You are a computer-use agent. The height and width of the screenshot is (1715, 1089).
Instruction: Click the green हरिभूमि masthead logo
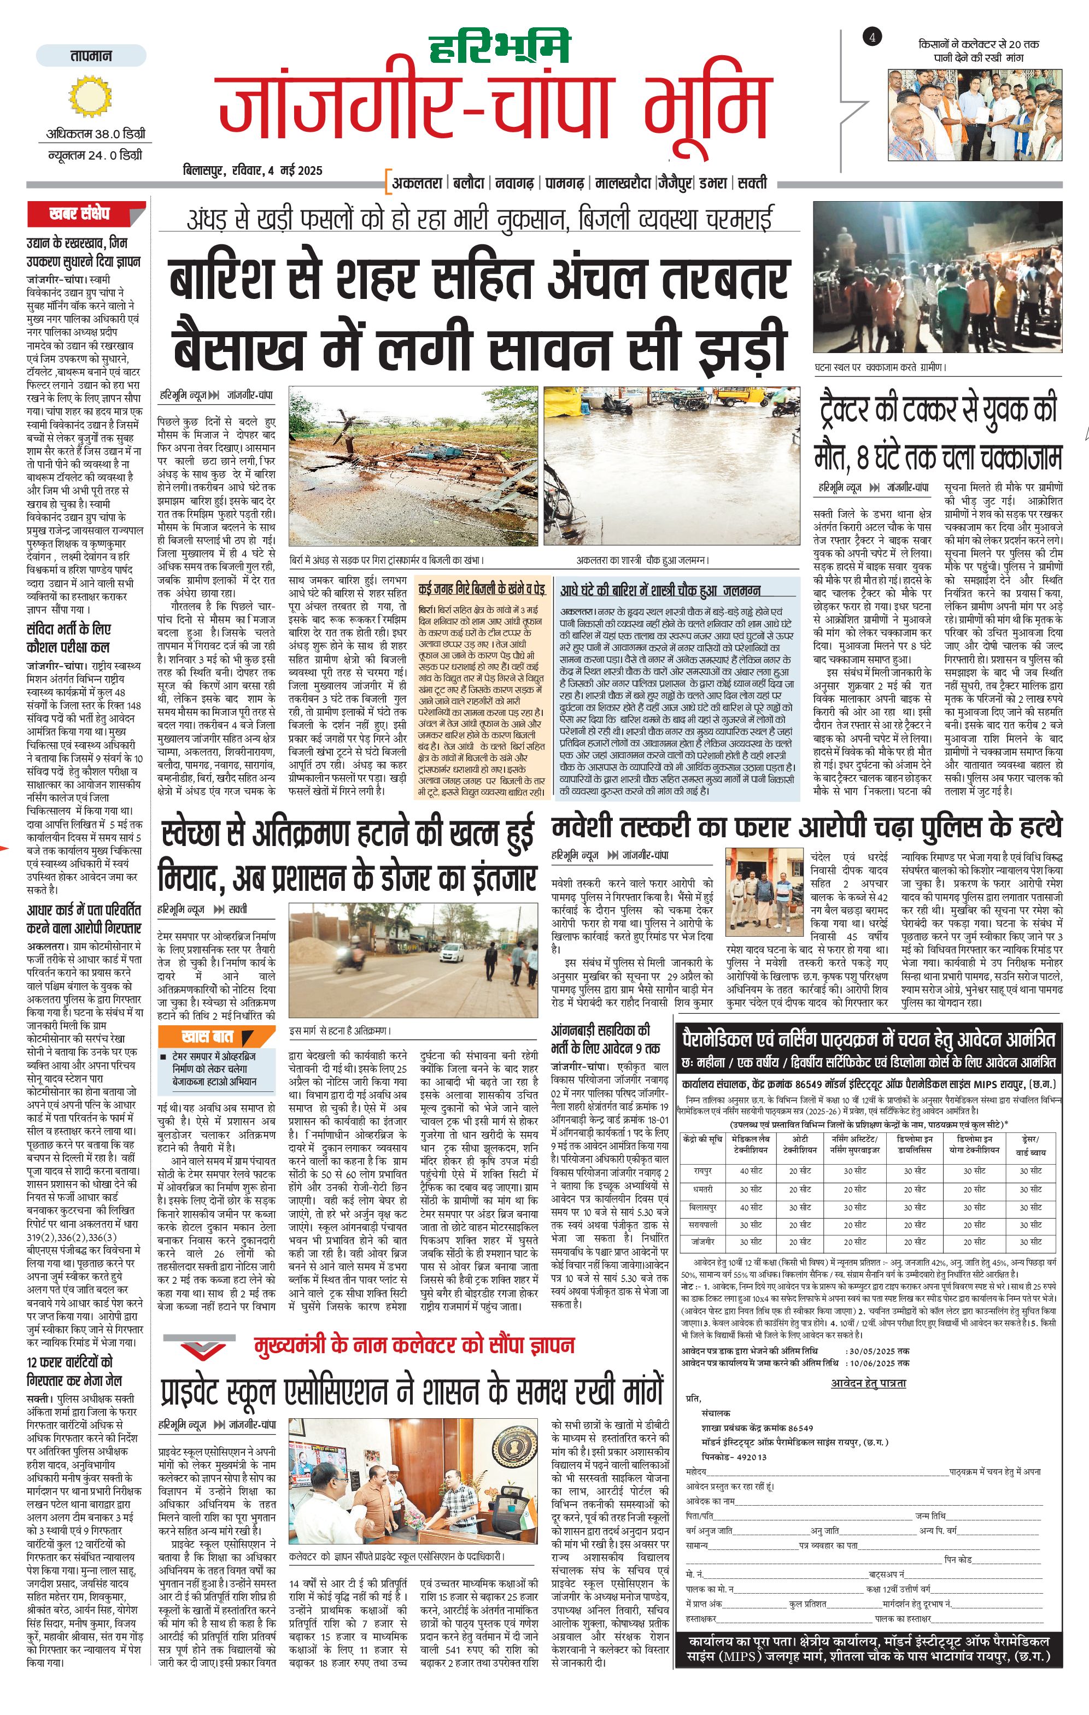tap(500, 49)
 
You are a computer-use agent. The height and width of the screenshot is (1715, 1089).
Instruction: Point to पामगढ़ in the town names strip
tap(565, 183)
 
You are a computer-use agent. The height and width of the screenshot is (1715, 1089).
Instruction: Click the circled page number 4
tap(872, 38)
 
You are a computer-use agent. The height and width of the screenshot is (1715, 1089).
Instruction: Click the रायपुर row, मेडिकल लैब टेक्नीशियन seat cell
tap(751, 1170)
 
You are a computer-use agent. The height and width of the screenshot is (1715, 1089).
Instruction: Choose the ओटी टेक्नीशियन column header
tap(799, 1144)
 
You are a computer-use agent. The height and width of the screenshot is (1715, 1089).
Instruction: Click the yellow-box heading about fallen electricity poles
tap(482, 589)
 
